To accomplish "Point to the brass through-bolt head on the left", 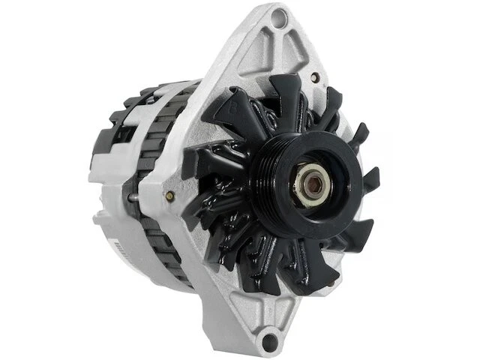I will click(169, 196).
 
